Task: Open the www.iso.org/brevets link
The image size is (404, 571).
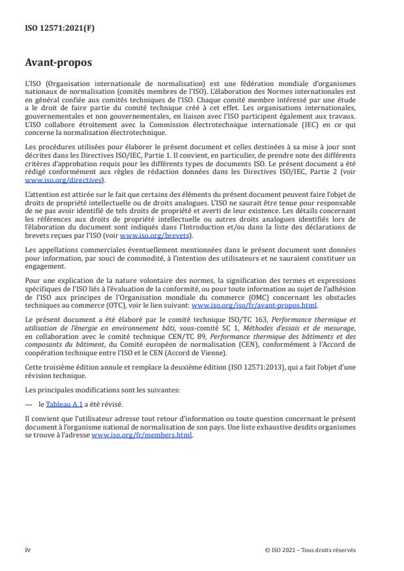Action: [x=147, y=235]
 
